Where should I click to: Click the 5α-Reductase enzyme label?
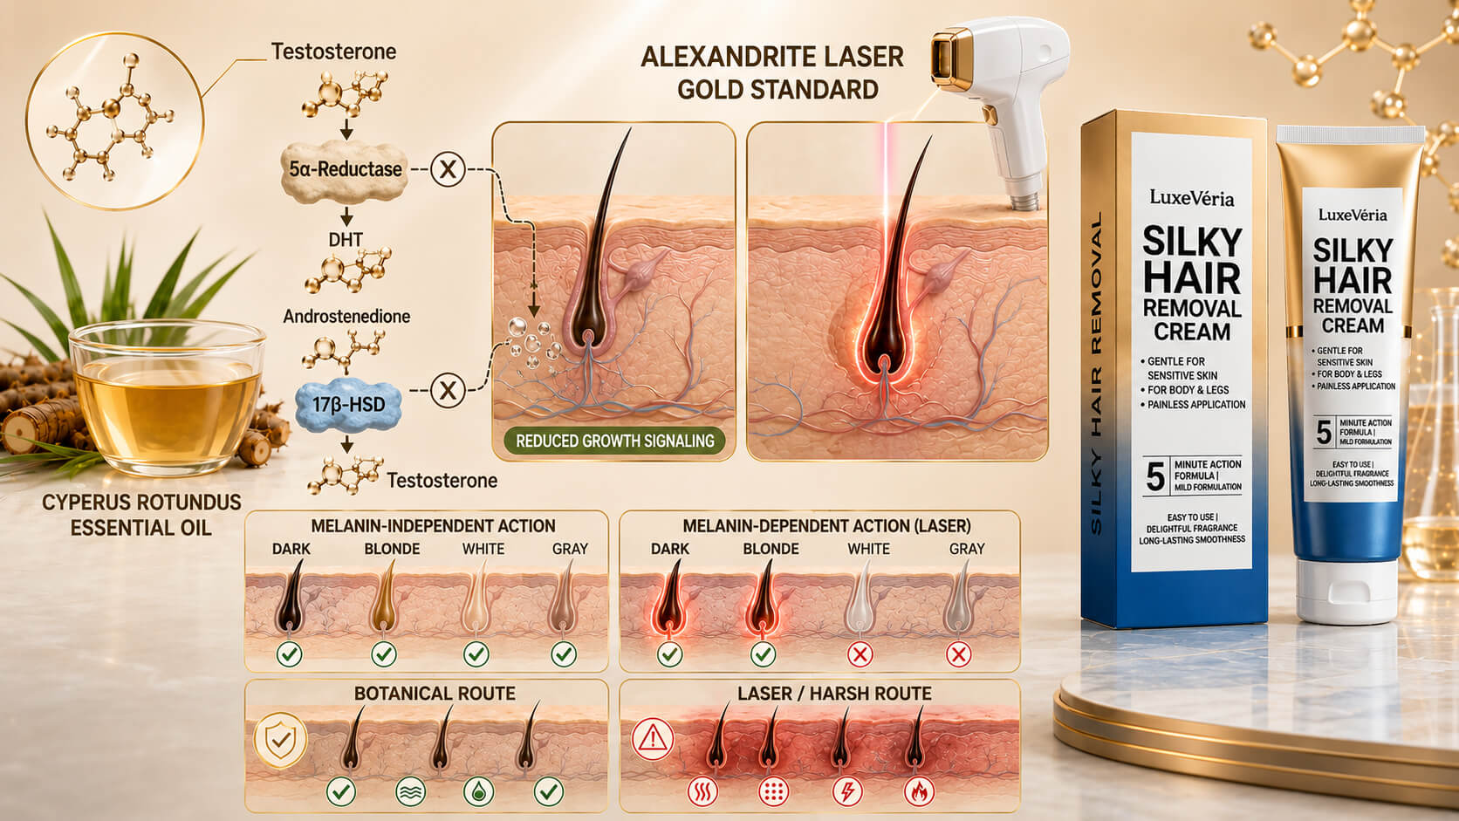pyautogui.click(x=346, y=169)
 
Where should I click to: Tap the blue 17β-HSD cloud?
pyautogui.click(x=348, y=404)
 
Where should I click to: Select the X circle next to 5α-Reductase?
pyautogui.click(x=449, y=169)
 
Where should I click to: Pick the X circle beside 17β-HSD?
pyautogui.click(x=449, y=390)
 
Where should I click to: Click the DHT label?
pyautogui.click(x=346, y=240)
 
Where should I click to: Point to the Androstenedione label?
pyautogui.click(x=346, y=317)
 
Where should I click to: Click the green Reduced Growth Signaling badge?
pyautogui.click(x=615, y=441)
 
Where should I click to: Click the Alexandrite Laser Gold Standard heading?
pyautogui.click(x=772, y=73)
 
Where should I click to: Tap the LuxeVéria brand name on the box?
pyautogui.click(x=1191, y=198)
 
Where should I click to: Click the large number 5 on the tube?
pyautogui.click(x=1324, y=432)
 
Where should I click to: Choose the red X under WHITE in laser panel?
pyautogui.click(x=860, y=654)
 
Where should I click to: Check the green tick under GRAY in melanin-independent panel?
pyautogui.click(x=564, y=653)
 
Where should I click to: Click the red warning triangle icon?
pyautogui.click(x=653, y=739)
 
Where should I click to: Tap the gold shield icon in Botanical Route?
pyautogui.click(x=281, y=740)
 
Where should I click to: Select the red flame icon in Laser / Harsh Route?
pyautogui.click(x=919, y=791)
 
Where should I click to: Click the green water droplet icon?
pyautogui.click(x=479, y=791)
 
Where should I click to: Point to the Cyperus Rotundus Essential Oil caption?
pyautogui.click(x=141, y=515)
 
